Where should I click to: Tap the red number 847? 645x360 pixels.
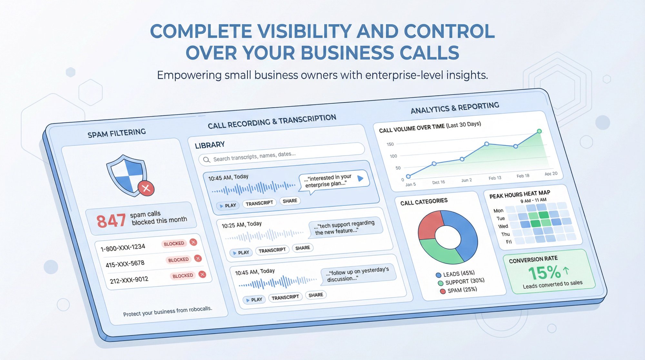click(111, 221)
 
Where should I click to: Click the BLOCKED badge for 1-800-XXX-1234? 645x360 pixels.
click(174, 244)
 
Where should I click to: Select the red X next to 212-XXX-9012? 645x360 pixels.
click(202, 275)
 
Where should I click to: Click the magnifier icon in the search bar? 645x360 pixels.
click(206, 160)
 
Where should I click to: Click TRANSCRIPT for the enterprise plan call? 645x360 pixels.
click(259, 203)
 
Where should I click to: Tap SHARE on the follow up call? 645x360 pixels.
click(315, 295)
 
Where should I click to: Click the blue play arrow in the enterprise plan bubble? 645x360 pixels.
click(361, 178)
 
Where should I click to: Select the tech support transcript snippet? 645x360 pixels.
click(344, 227)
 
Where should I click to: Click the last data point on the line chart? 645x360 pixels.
click(539, 131)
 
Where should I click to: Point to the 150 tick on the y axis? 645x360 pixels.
click(390, 144)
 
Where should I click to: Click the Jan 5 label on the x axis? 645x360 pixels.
click(411, 185)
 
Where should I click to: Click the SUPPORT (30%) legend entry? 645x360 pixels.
click(461, 282)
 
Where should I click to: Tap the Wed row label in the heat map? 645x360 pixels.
click(503, 226)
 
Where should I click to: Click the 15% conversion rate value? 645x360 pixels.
click(544, 273)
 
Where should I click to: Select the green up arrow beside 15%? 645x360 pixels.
click(566, 270)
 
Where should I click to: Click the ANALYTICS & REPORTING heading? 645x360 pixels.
click(455, 108)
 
